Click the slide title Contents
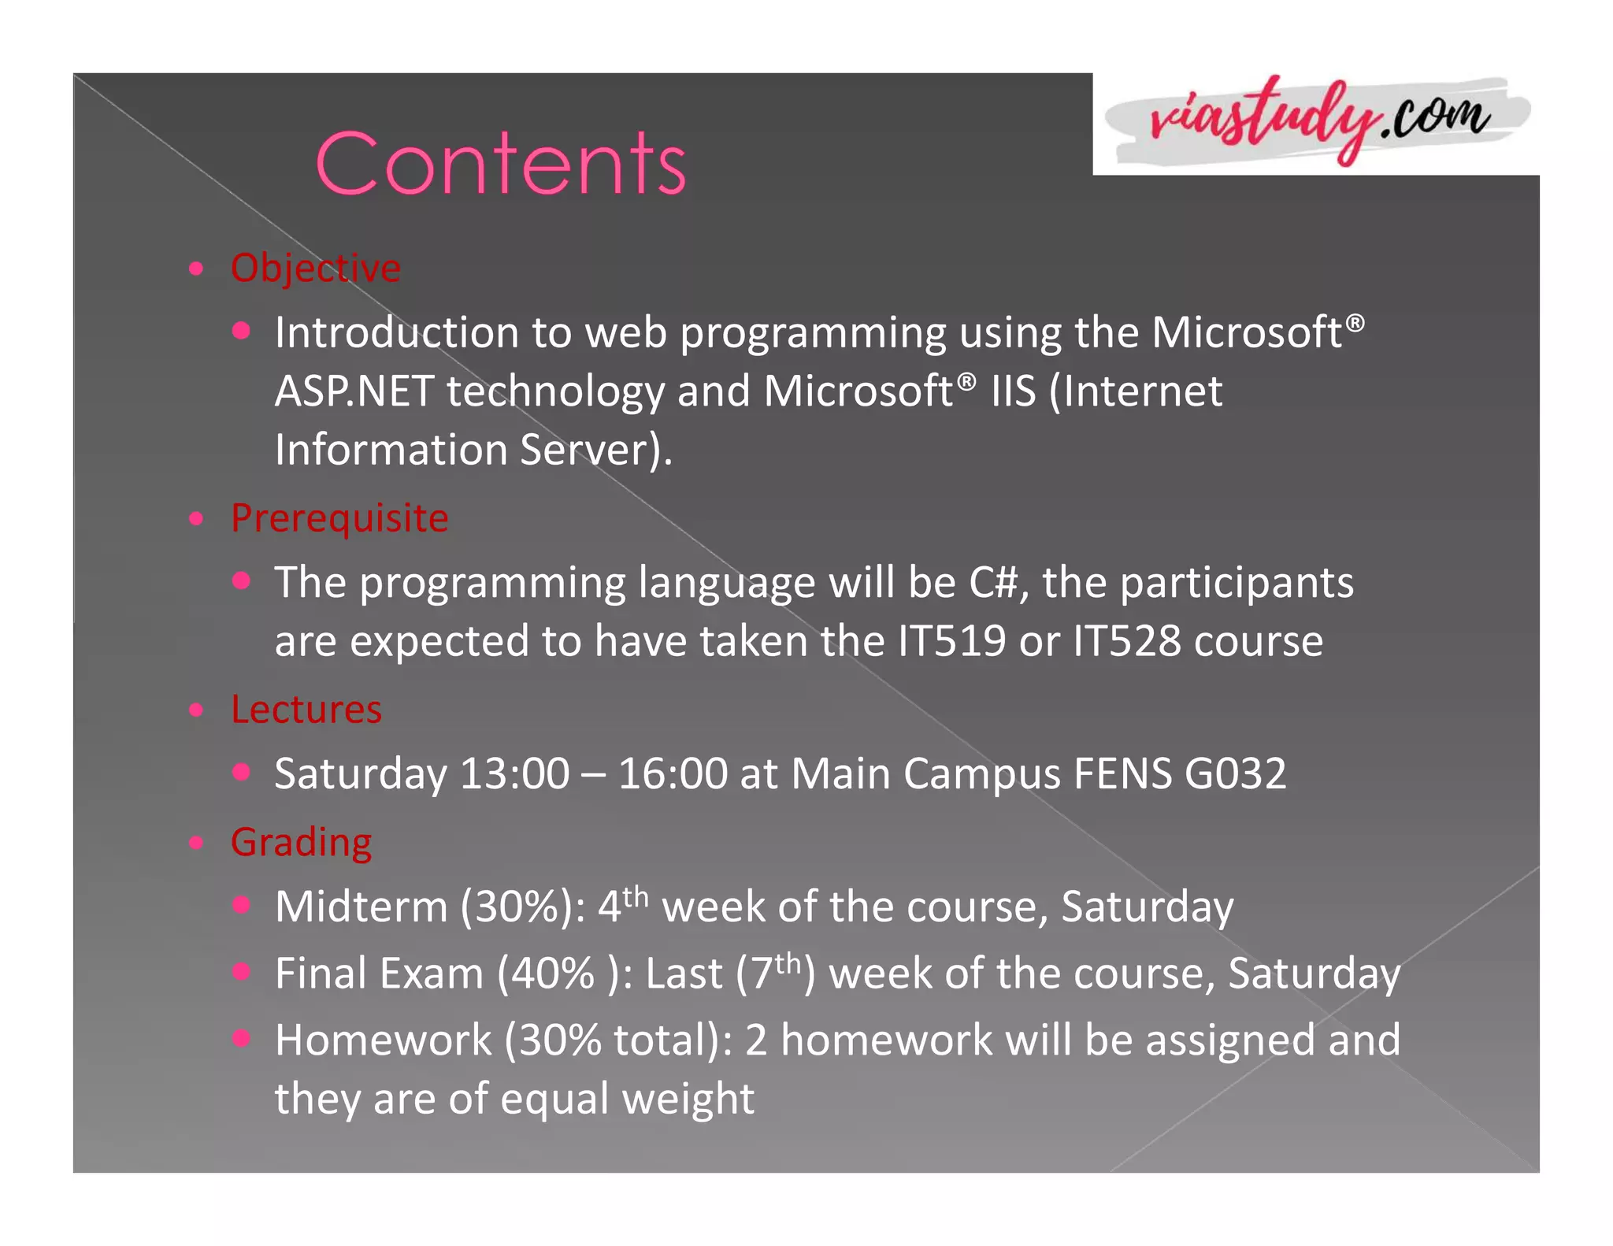click(501, 163)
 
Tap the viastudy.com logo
click(1317, 122)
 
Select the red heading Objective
click(315, 268)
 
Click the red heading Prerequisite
click(339, 518)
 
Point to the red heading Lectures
click(306, 710)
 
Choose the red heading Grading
click(301, 842)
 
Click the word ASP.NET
click(354, 391)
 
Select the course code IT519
click(951, 641)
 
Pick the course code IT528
click(1126, 641)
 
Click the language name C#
click(994, 583)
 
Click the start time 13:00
click(514, 773)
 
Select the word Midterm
click(361, 907)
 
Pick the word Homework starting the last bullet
click(383, 1040)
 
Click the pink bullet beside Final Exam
click(241, 971)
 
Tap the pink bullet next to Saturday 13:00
click(241, 772)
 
